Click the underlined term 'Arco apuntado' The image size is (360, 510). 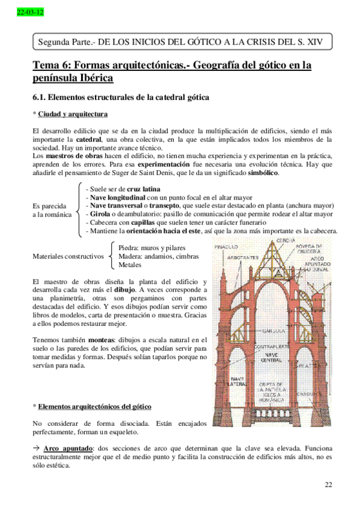pos(72,448)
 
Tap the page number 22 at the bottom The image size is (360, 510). pos(328,485)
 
